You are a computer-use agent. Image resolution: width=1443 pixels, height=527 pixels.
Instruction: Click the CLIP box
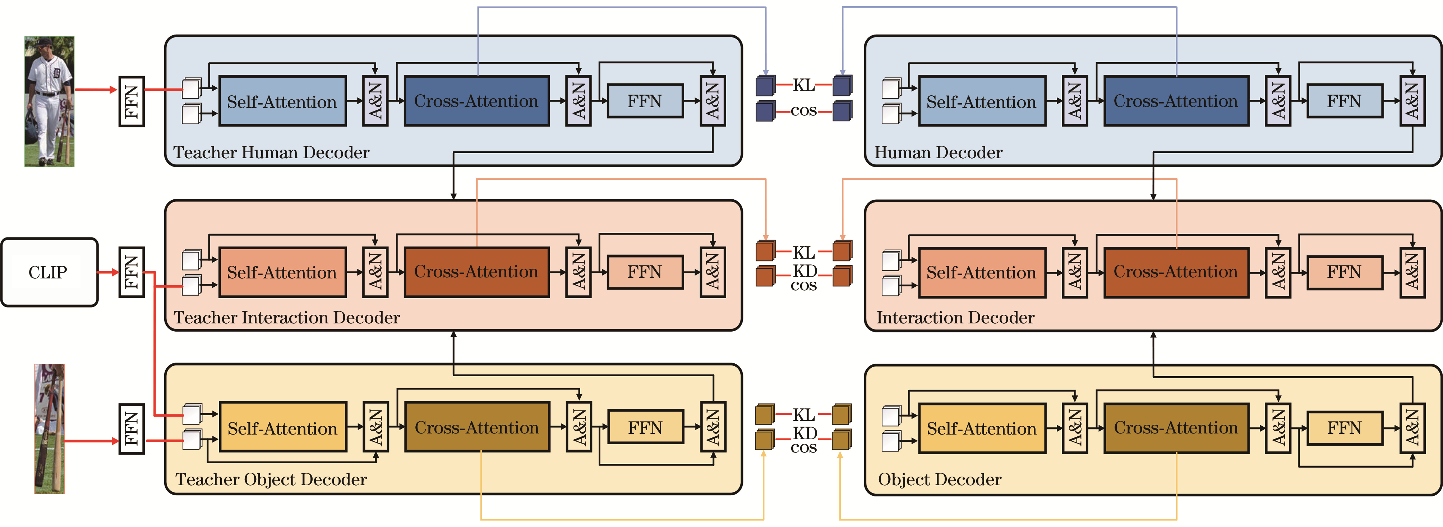click(x=49, y=272)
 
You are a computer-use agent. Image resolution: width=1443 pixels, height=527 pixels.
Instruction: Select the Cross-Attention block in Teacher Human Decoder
click(x=476, y=101)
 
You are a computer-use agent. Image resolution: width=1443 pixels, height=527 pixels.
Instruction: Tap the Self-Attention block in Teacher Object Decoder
click(x=283, y=428)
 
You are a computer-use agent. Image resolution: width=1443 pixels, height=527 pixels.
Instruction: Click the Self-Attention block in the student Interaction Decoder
click(x=981, y=272)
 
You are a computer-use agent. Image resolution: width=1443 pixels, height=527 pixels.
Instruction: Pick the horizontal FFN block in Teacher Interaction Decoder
click(x=645, y=272)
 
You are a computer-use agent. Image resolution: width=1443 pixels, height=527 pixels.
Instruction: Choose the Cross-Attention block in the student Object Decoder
click(x=1176, y=428)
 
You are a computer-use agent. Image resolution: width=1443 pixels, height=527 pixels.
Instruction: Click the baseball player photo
click(x=49, y=101)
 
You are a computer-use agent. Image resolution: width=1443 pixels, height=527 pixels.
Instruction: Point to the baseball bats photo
click(x=49, y=429)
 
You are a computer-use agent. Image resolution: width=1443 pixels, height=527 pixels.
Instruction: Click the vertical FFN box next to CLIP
click(x=132, y=272)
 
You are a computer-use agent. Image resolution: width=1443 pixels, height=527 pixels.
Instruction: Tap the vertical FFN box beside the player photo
click(x=132, y=101)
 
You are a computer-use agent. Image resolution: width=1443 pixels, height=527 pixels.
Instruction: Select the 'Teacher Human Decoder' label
click(x=271, y=153)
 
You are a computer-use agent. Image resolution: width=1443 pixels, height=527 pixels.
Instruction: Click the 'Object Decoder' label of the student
click(x=939, y=480)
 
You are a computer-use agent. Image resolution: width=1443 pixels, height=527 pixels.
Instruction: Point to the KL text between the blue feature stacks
click(x=804, y=85)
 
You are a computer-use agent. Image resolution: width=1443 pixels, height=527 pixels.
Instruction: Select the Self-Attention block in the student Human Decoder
click(x=981, y=101)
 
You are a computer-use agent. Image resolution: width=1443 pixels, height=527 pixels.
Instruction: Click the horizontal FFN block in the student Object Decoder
click(x=1344, y=428)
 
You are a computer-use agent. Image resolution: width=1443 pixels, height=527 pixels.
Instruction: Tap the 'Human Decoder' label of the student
click(x=938, y=153)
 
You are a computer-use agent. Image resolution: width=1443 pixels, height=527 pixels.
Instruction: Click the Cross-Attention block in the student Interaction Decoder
click(x=1176, y=272)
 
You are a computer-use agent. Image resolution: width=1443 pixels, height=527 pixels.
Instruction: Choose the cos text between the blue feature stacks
click(x=804, y=111)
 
